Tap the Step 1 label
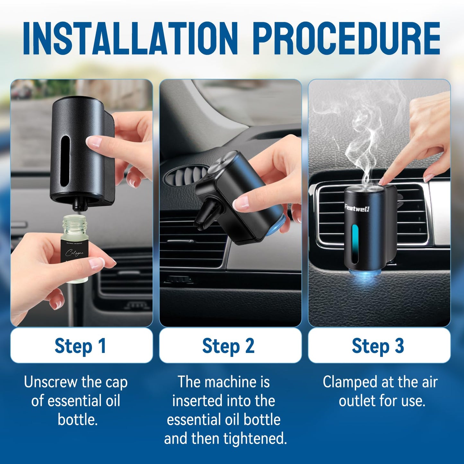(x=80, y=346)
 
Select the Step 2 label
(x=228, y=346)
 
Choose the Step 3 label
(x=378, y=346)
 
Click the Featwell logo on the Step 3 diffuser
(x=357, y=208)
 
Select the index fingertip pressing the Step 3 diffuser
(x=382, y=182)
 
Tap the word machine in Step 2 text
(x=230, y=382)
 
